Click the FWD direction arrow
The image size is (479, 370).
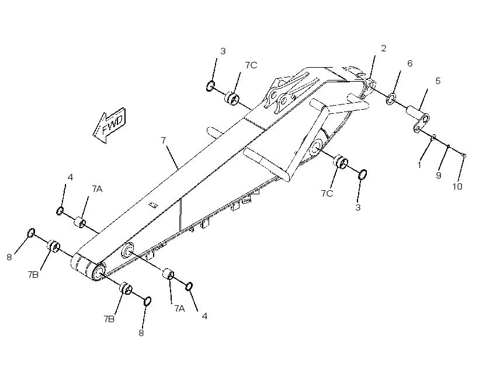pos(109,125)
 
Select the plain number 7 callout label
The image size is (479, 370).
pos(164,141)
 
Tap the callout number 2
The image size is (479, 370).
pos(383,48)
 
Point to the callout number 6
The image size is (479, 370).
pos(410,64)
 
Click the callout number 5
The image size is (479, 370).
pos(438,81)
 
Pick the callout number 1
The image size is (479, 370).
pos(419,165)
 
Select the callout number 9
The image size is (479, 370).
pos(438,176)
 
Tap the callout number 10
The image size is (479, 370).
pos(457,187)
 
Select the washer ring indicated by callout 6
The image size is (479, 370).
pos(391,99)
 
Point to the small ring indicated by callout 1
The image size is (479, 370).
pos(433,138)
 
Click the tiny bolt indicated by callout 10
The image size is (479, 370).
pos(463,155)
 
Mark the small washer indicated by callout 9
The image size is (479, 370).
pos(448,147)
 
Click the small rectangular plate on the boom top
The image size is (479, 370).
pos(152,205)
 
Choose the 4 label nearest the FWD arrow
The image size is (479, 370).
pos(70,177)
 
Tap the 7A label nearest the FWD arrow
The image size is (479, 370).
pos(97,189)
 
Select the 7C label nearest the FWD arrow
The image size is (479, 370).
pos(251,65)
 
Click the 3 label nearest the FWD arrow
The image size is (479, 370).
pos(223,51)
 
